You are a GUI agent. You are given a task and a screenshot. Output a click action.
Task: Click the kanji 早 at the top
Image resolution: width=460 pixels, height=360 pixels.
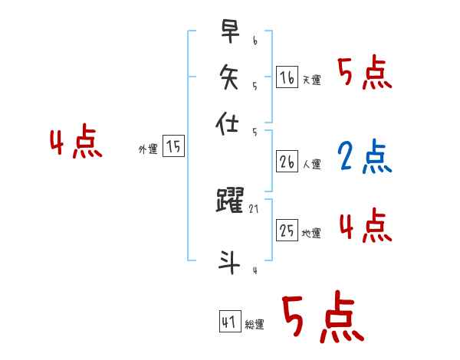(229, 33)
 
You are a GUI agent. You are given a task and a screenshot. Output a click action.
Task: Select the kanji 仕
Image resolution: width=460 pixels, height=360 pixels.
(229, 123)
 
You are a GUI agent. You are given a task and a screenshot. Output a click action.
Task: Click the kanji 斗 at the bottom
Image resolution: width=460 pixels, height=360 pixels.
(229, 261)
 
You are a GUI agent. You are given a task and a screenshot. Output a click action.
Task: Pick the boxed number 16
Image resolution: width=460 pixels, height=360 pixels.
(286, 77)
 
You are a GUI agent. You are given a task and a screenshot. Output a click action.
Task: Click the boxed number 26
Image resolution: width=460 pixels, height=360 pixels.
(286, 161)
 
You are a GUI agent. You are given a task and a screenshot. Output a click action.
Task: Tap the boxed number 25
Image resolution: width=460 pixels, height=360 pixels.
(286, 230)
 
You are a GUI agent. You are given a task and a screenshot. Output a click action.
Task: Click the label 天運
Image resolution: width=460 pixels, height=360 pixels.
(311, 80)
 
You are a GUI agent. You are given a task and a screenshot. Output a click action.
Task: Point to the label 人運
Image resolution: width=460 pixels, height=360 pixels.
(311, 164)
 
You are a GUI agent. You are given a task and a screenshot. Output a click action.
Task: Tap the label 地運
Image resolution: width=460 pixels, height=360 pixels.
(311, 233)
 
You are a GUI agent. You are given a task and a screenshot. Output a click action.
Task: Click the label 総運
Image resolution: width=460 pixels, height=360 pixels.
(255, 325)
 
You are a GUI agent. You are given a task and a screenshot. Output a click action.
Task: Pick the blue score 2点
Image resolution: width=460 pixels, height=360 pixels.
(364, 157)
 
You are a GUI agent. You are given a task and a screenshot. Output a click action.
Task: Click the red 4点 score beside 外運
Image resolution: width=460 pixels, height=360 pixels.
(75, 144)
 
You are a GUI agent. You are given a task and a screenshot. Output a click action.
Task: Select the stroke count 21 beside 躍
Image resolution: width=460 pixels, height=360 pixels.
(255, 208)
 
